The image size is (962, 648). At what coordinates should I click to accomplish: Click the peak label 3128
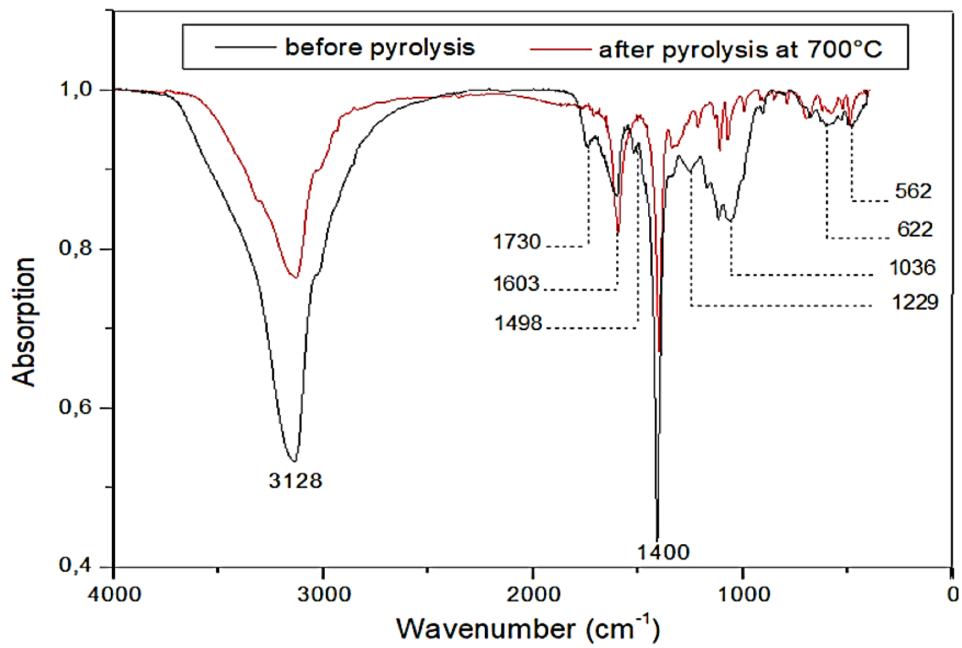295,481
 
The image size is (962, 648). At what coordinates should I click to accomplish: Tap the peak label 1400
663,552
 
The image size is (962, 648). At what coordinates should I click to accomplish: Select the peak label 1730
517,242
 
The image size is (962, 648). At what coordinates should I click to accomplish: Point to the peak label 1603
516,284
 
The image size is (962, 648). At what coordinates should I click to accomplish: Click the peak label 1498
518,323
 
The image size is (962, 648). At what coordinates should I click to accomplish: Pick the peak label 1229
915,302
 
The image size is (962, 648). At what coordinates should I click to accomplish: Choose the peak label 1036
912,267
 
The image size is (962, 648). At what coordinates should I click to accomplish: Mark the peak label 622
915,229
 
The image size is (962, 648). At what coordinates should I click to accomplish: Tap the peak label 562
913,191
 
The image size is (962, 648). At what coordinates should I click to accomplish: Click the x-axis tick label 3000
324,594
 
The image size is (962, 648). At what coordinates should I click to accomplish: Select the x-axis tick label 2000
533,594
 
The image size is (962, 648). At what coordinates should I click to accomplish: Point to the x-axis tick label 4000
114,594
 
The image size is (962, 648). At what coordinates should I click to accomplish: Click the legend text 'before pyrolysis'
380,47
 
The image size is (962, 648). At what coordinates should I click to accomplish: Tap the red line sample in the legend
560,49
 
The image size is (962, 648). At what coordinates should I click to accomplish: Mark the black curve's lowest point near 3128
293,461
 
